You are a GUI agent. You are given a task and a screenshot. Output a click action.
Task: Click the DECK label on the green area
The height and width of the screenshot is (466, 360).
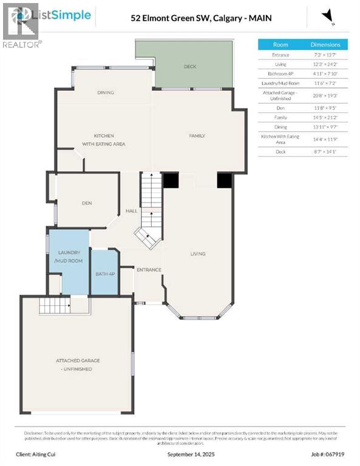190,66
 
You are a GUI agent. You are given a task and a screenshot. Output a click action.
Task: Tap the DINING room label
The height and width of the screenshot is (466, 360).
106,93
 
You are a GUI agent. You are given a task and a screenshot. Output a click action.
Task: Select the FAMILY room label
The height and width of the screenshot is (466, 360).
197,136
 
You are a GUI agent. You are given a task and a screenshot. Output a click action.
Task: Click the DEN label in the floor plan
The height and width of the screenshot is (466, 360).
87,203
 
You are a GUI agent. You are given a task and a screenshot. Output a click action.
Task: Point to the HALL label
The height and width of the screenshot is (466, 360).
131,211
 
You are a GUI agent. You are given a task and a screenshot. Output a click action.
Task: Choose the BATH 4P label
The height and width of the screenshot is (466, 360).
104,274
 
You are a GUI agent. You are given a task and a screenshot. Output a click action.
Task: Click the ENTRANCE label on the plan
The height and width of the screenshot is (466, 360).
149,270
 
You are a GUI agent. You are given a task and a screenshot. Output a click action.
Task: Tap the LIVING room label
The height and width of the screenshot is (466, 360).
197,254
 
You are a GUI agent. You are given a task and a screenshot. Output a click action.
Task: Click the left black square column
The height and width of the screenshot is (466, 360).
171,180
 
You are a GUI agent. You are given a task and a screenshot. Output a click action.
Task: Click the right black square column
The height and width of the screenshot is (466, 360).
225,180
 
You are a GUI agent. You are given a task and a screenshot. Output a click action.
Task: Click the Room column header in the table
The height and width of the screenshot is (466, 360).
280,45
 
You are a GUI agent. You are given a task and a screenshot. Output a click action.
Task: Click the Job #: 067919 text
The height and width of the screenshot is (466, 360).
329,454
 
